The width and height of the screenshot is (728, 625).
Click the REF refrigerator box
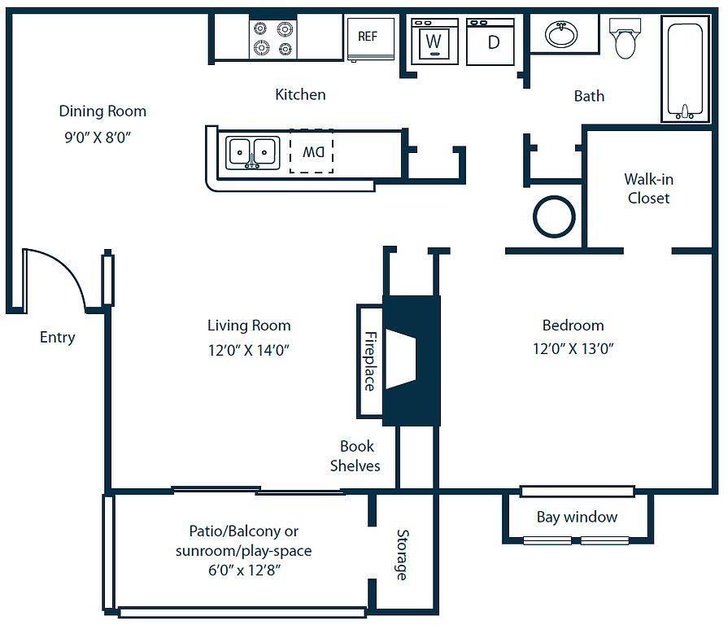pos(370,37)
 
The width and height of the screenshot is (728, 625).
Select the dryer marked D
pos(491,42)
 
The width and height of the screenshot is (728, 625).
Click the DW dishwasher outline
pos(312,151)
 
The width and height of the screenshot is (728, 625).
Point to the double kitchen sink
pos(252,152)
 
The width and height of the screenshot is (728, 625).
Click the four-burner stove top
pos(272,38)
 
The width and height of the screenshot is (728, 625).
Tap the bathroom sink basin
pos(560,34)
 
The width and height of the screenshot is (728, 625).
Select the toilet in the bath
pos(625,39)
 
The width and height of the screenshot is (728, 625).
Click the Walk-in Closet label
pos(648,188)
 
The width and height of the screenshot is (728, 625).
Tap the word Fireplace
pos(370,361)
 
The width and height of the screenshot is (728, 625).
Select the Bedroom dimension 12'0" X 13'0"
pos(573,349)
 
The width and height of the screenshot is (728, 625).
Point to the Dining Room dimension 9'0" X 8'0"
pos(98,138)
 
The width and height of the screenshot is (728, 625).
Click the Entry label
pos(57,337)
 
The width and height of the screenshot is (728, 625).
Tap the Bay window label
pos(577,517)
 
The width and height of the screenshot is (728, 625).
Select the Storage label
pos(402,554)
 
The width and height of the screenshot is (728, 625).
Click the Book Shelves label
pos(355,456)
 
